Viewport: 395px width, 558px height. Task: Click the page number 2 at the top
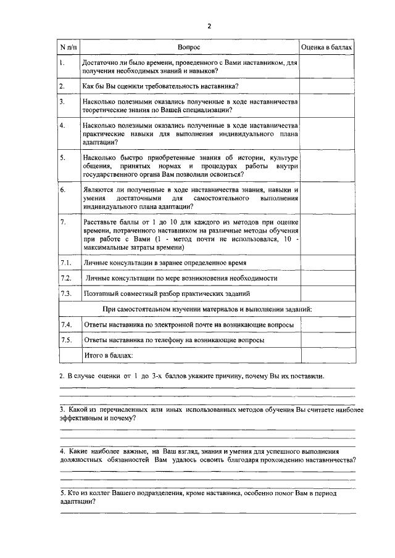(209, 26)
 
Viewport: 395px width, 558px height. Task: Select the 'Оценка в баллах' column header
(327, 47)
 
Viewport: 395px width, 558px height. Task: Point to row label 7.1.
(66, 263)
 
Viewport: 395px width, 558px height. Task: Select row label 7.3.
(66, 293)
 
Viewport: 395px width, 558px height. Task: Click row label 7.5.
(66, 340)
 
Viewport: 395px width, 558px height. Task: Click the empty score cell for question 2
(327, 86)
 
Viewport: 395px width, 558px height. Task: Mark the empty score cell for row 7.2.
(327, 279)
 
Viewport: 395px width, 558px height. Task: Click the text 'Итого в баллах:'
(109, 355)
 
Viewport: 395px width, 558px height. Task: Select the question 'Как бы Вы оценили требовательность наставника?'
(161, 86)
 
